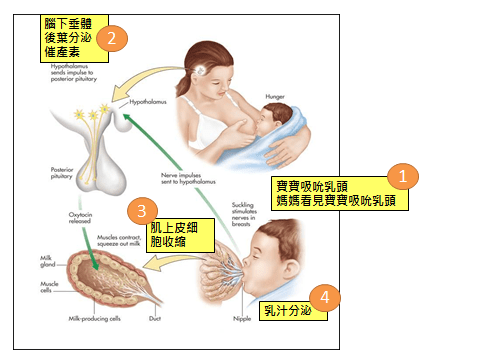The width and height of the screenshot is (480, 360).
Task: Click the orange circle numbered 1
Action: coord(402,176)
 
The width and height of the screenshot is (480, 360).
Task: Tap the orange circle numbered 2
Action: coord(113,40)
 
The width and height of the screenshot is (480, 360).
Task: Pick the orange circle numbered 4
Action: coord(323,298)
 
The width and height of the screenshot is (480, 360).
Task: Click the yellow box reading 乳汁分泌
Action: coord(283,309)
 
